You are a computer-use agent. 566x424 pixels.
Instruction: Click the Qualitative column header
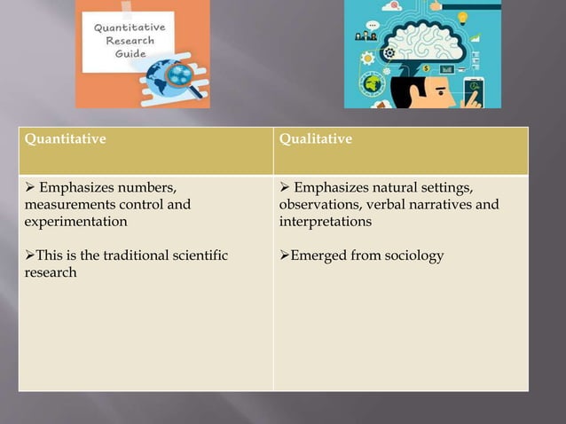(x=315, y=139)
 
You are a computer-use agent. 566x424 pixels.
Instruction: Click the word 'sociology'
(x=414, y=255)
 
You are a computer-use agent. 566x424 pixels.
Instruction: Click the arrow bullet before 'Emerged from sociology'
(x=285, y=255)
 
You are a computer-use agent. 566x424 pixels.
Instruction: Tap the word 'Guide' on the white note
(x=128, y=53)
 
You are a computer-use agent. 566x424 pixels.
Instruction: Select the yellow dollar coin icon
(x=426, y=68)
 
